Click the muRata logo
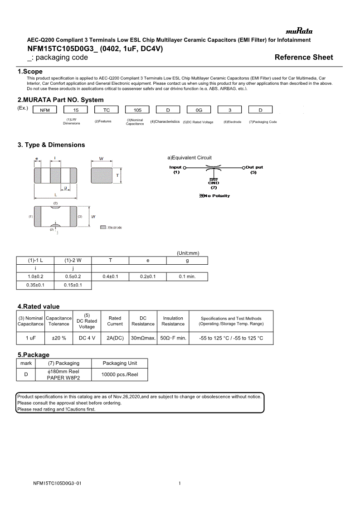click(x=299, y=31)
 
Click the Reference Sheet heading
click(x=304, y=57)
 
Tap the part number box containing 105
click(x=137, y=110)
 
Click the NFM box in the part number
click(x=45, y=110)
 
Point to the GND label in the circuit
click(x=214, y=183)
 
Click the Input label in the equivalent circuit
click(x=176, y=167)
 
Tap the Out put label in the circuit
click(x=254, y=167)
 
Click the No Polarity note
click(x=214, y=196)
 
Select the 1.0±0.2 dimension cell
click(x=35, y=276)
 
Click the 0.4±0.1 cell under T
click(x=110, y=276)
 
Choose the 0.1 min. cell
click(x=187, y=276)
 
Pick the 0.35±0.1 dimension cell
click(x=35, y=285)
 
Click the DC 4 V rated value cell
click(x=87, y=338)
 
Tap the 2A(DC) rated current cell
click(x=115, y=338)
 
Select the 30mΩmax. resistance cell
click(x=143, y=338)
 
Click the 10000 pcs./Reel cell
click(x=120, y=374)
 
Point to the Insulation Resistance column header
click(x=173, y=321)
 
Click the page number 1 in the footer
click(x=180, y=484)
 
